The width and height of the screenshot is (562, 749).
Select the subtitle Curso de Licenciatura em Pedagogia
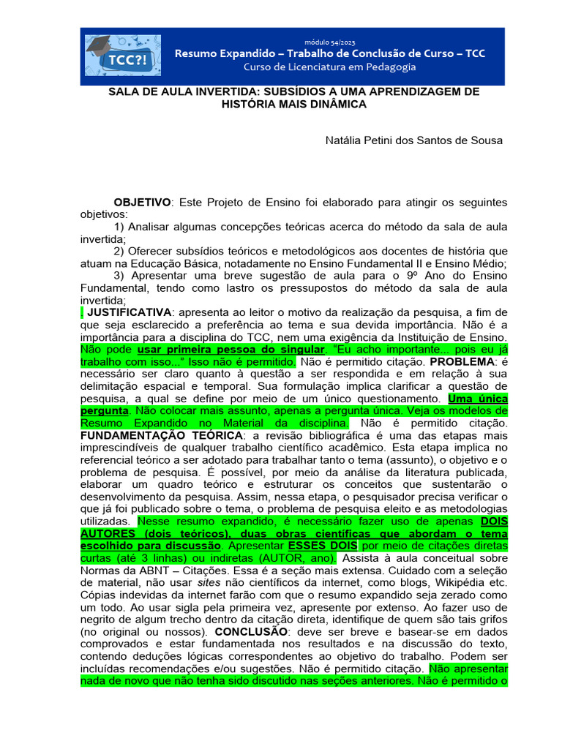[x=329, y=67]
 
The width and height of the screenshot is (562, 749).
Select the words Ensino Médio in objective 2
[x=471, y=263]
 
